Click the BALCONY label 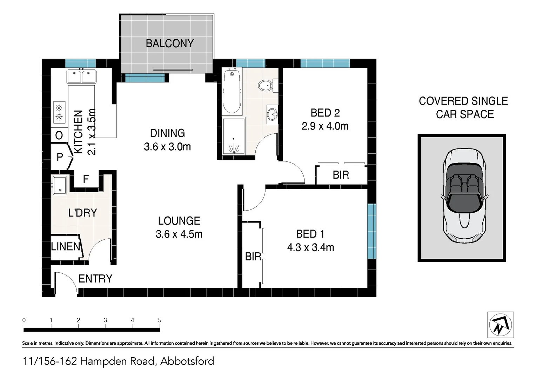pos(170,44)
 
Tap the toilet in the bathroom pos(266,85)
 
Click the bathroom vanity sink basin pos(272,114)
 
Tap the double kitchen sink pos(81,76)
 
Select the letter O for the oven pos(59,135)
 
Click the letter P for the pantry pos(60,157)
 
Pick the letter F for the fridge pos(86,180)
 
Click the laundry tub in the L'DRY pos(60,185)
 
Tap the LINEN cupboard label pos(66,247)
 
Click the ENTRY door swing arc pos(68,279)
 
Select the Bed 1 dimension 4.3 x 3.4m pos(310,248)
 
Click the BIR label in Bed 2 pos(341,175)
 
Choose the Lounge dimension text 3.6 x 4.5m pos(179,234)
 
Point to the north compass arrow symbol pos(501,325)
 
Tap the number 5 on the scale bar pos(160,320)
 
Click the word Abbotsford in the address pos(187,361)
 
